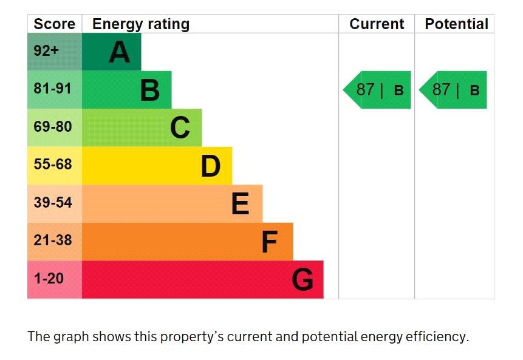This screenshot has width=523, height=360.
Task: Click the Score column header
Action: pyautogui.click(x=54, y=24)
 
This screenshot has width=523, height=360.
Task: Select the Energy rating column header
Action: pyautogui.click(x=140, y=24)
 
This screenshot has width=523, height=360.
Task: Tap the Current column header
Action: pyautogui.click(x=377, y=24)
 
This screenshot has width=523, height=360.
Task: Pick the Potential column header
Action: pyautogui.click(x=456, y=24)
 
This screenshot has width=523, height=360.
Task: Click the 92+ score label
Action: pyautogui.click(x=46, y=51)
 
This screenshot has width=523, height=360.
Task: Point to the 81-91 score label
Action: pyautogui.click(x=53, y=89)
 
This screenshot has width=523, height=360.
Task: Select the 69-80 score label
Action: pyautogui.click(x=53, y=127)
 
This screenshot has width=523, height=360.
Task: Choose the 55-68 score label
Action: pyautogui.click(x=53, y=165)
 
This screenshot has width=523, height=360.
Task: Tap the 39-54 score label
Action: pyautogui.click(x=53, y=202)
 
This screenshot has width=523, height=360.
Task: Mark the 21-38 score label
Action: pyautogui.click(x=53, y=240)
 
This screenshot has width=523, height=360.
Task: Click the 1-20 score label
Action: pyautogui.click(x=49, y=279)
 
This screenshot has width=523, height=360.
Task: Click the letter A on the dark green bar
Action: pyautogui.click(x=120, y=52)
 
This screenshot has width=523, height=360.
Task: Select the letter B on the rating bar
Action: pyautogui.click(x=150, y=90)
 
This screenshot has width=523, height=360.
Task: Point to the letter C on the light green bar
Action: pyautogui.click(x=180, y=127)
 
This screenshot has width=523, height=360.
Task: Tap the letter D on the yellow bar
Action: pyautogui.click(x=211, y=166)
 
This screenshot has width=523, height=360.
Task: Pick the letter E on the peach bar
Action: pyautogui.click(x=241, y=203)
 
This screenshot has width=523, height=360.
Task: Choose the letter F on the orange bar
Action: pyautogui.click(x=269, y=242)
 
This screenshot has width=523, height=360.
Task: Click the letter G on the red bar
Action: pyautogui.click(x=303, y=280)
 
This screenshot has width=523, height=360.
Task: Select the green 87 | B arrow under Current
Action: pyautogui.click(x=378, y=90)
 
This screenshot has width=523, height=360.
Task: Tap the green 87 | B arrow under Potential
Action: pyautogui.click(x=454, y=90)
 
